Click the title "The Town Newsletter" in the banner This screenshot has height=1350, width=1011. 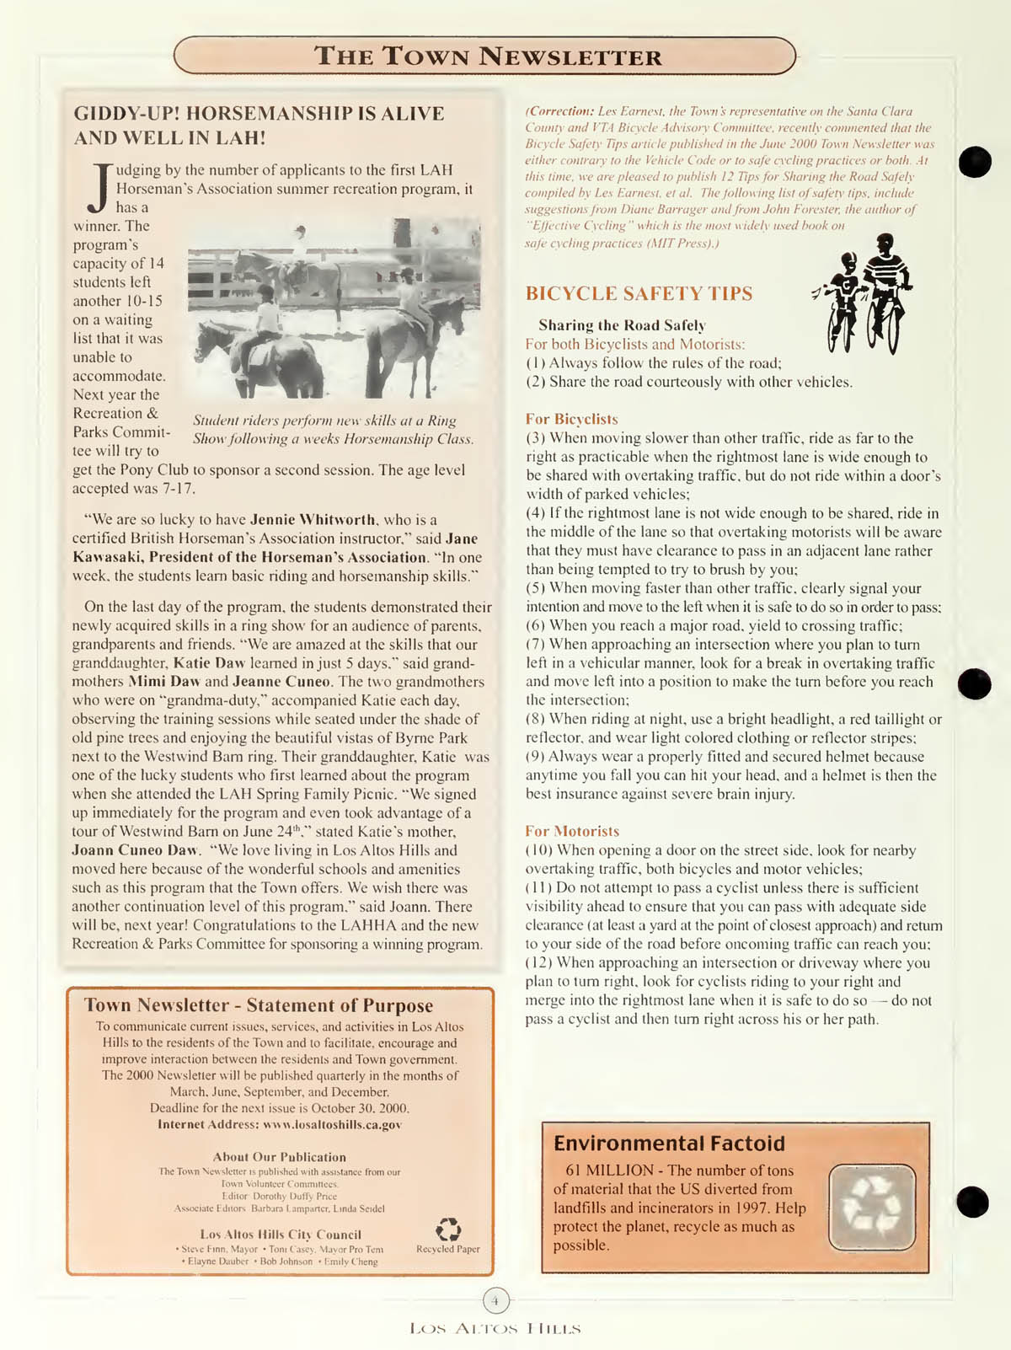coord(487,56)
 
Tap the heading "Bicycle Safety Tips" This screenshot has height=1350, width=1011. coord(639,293)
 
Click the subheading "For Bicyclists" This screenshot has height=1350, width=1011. coord(571,419)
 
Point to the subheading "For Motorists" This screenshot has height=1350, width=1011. coord(572,831)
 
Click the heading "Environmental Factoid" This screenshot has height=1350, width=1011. coord(669,1143)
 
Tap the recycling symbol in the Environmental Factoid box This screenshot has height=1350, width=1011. coord(871,1207)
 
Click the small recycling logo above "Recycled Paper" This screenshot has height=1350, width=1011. coord(447,1229)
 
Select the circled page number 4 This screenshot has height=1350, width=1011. coord(496,1301)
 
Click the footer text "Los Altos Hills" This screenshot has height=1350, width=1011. coord(495,1329)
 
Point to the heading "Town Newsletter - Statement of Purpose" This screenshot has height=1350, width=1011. coord(259,1004)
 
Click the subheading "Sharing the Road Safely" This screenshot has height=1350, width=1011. coord(622,325)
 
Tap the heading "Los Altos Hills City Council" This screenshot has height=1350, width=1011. coord(281,1234)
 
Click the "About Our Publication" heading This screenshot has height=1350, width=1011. coord(279,1157)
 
